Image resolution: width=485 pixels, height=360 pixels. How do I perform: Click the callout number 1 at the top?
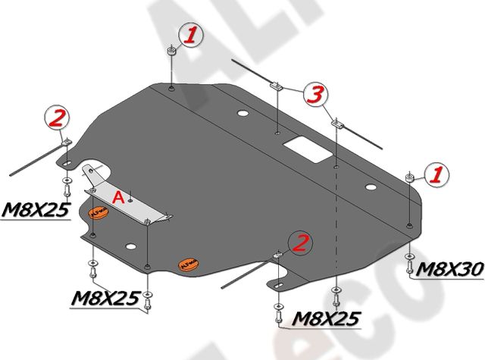pyautogui.click(x=192, y=34)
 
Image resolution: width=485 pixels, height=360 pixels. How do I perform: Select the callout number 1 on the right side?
pyautogui.click(x=436, y=175)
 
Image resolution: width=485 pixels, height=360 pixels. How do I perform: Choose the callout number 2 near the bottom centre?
pyautogui.click(x=300, y=243)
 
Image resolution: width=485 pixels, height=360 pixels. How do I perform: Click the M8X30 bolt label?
pyautogui.click(x=444, y=268)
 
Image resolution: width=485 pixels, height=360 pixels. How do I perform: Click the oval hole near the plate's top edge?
pyautogui.click(x=242, y=115)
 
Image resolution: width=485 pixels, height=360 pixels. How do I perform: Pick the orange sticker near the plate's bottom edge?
pyautogui.click(x=188, y=265)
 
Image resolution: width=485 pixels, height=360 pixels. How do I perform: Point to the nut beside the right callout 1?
pyautogui.click(x=410, y=178)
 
